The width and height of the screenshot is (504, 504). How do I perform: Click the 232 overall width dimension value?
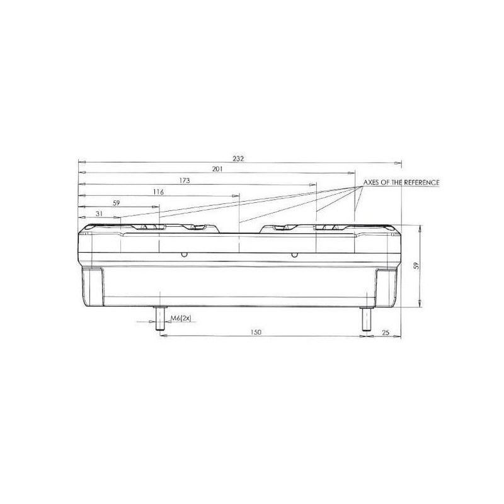coord(238,159)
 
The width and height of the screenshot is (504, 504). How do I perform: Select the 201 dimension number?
coord(217,169)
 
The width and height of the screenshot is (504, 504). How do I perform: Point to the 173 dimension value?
coord(185,181)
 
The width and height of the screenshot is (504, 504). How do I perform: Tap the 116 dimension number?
coord(158,192)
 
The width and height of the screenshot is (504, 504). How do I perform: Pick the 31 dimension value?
coord(100,214)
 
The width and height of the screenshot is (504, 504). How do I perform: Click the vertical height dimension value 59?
coord(417,265)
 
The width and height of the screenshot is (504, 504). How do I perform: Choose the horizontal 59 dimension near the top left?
coord(117,203)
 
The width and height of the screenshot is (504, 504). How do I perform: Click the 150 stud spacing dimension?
coord(256,332)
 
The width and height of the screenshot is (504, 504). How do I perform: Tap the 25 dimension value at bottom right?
coord(386,333)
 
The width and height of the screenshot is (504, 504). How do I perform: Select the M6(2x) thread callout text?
coord(181,318)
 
